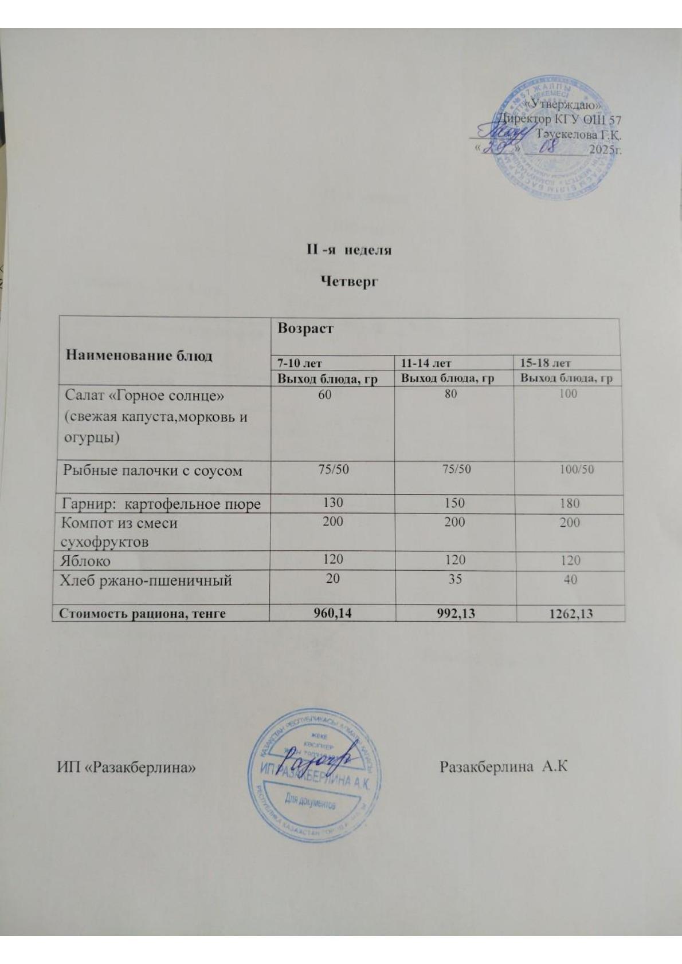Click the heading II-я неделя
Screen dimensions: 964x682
coord(347,251)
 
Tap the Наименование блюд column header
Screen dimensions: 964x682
coord(139,355)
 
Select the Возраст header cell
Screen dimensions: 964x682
coord(305,329)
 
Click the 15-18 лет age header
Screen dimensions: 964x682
coord(545,363)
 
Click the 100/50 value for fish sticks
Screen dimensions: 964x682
coord(576,469)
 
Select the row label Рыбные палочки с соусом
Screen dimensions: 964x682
coord(152,471)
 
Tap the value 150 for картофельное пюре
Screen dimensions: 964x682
coord(453,503)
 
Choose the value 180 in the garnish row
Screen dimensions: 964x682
coord(570,504)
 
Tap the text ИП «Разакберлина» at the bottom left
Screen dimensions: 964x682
coord(126,766)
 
